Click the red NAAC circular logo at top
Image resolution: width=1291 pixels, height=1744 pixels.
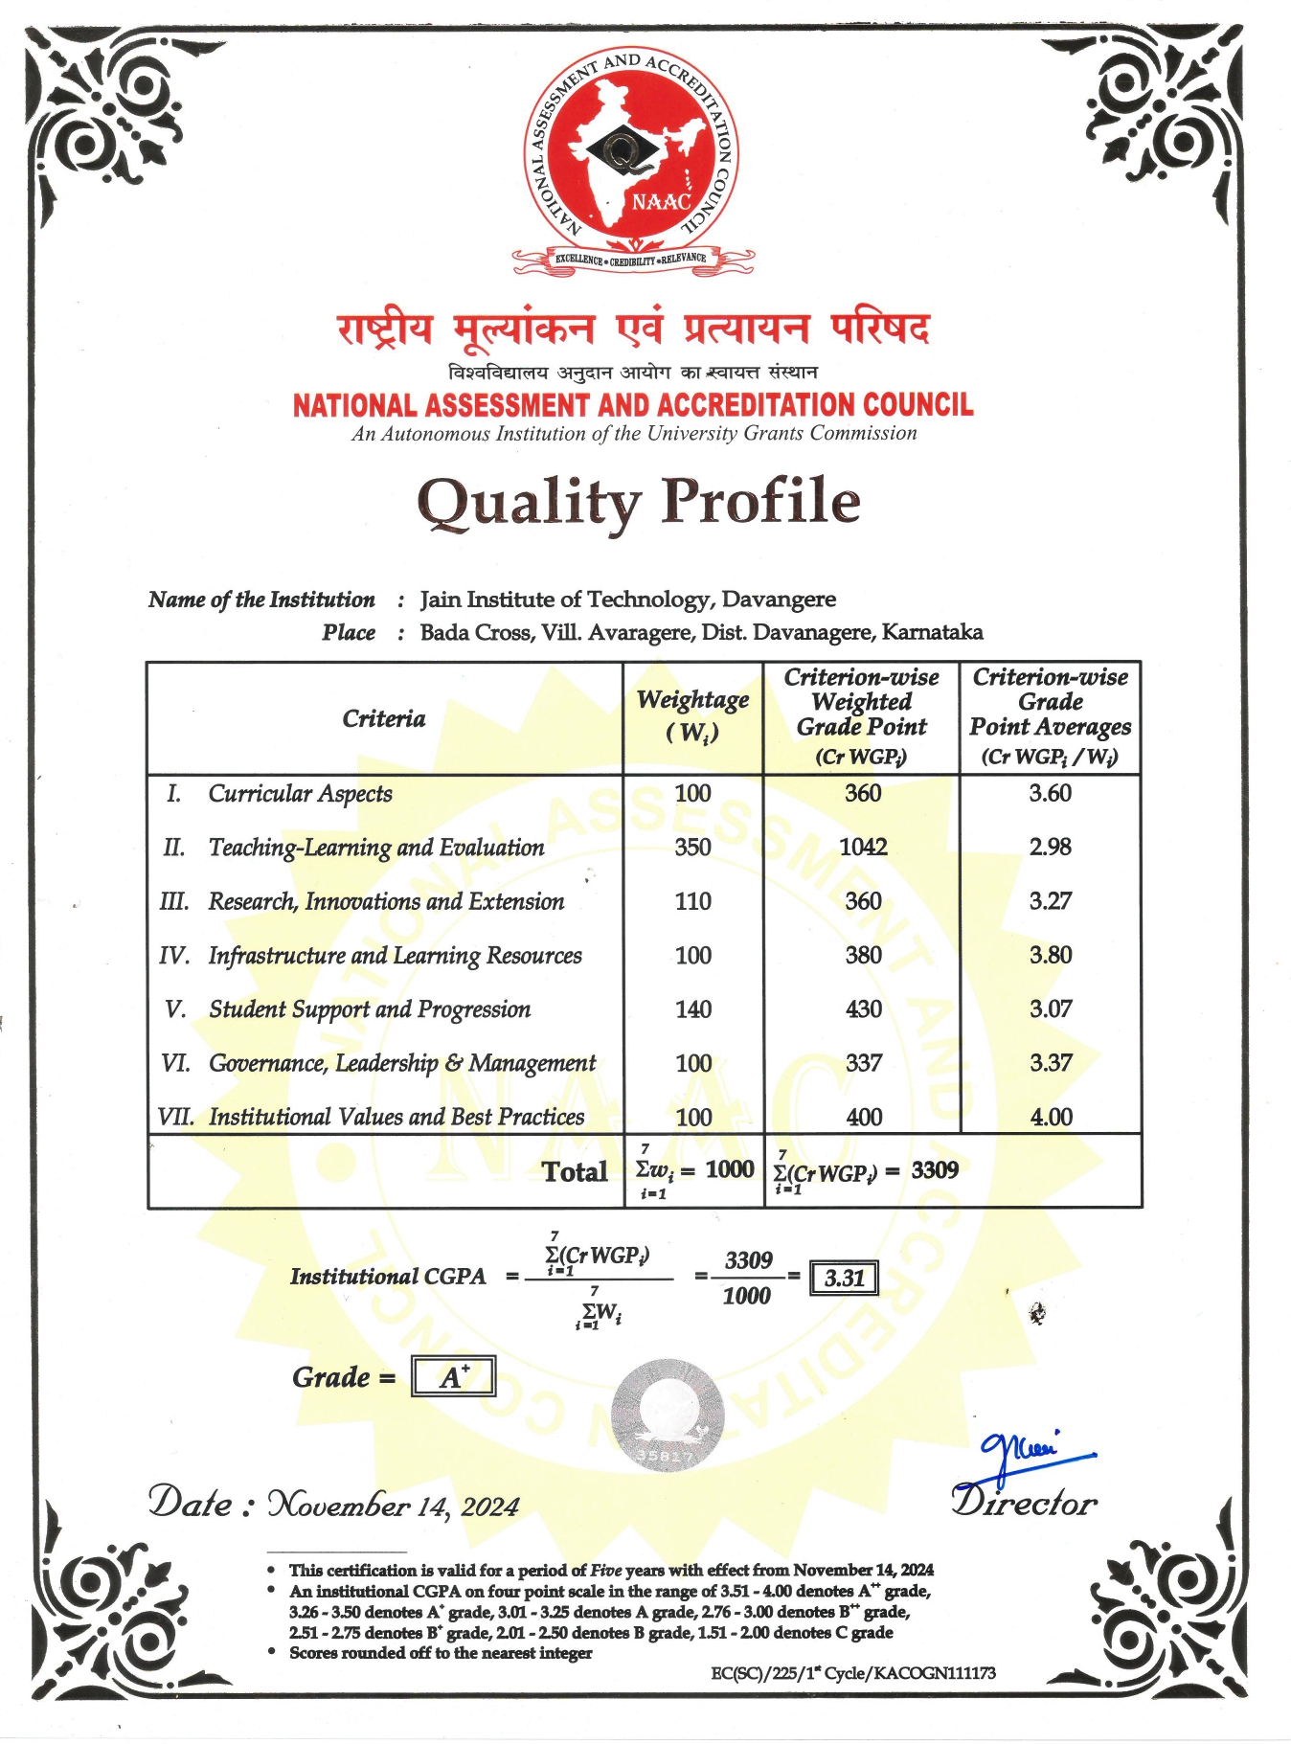pos(632,153)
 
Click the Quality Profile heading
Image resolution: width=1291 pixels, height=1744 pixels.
pos(639,501)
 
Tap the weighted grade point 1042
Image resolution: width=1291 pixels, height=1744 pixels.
pos(863,847)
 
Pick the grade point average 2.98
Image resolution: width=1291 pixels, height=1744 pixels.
pos(1050,847)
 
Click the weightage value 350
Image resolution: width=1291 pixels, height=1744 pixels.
pos(692,847)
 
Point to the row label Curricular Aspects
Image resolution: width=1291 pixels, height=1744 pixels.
pos(300,793)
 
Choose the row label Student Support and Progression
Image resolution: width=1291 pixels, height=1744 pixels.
pos(370,1009)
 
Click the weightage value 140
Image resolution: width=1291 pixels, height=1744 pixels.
pos(692,1009)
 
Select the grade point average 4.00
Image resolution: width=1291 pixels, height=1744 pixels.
pos(1051,1117)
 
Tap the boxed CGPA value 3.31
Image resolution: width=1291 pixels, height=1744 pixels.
pos(844,1278)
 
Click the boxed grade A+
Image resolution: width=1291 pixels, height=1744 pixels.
pos(453,1377)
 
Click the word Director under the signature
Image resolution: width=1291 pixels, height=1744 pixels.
pos(1024,1503)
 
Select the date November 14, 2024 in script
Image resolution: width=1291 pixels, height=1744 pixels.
pos(393,1506)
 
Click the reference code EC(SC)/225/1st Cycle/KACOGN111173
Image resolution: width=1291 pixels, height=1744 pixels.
pos(852,1673)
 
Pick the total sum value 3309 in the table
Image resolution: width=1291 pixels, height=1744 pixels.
pos(935,1169)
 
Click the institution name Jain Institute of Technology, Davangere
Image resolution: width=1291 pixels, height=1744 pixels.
pos(627,600)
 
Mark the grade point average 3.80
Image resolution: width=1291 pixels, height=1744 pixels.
pos(1050,955)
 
